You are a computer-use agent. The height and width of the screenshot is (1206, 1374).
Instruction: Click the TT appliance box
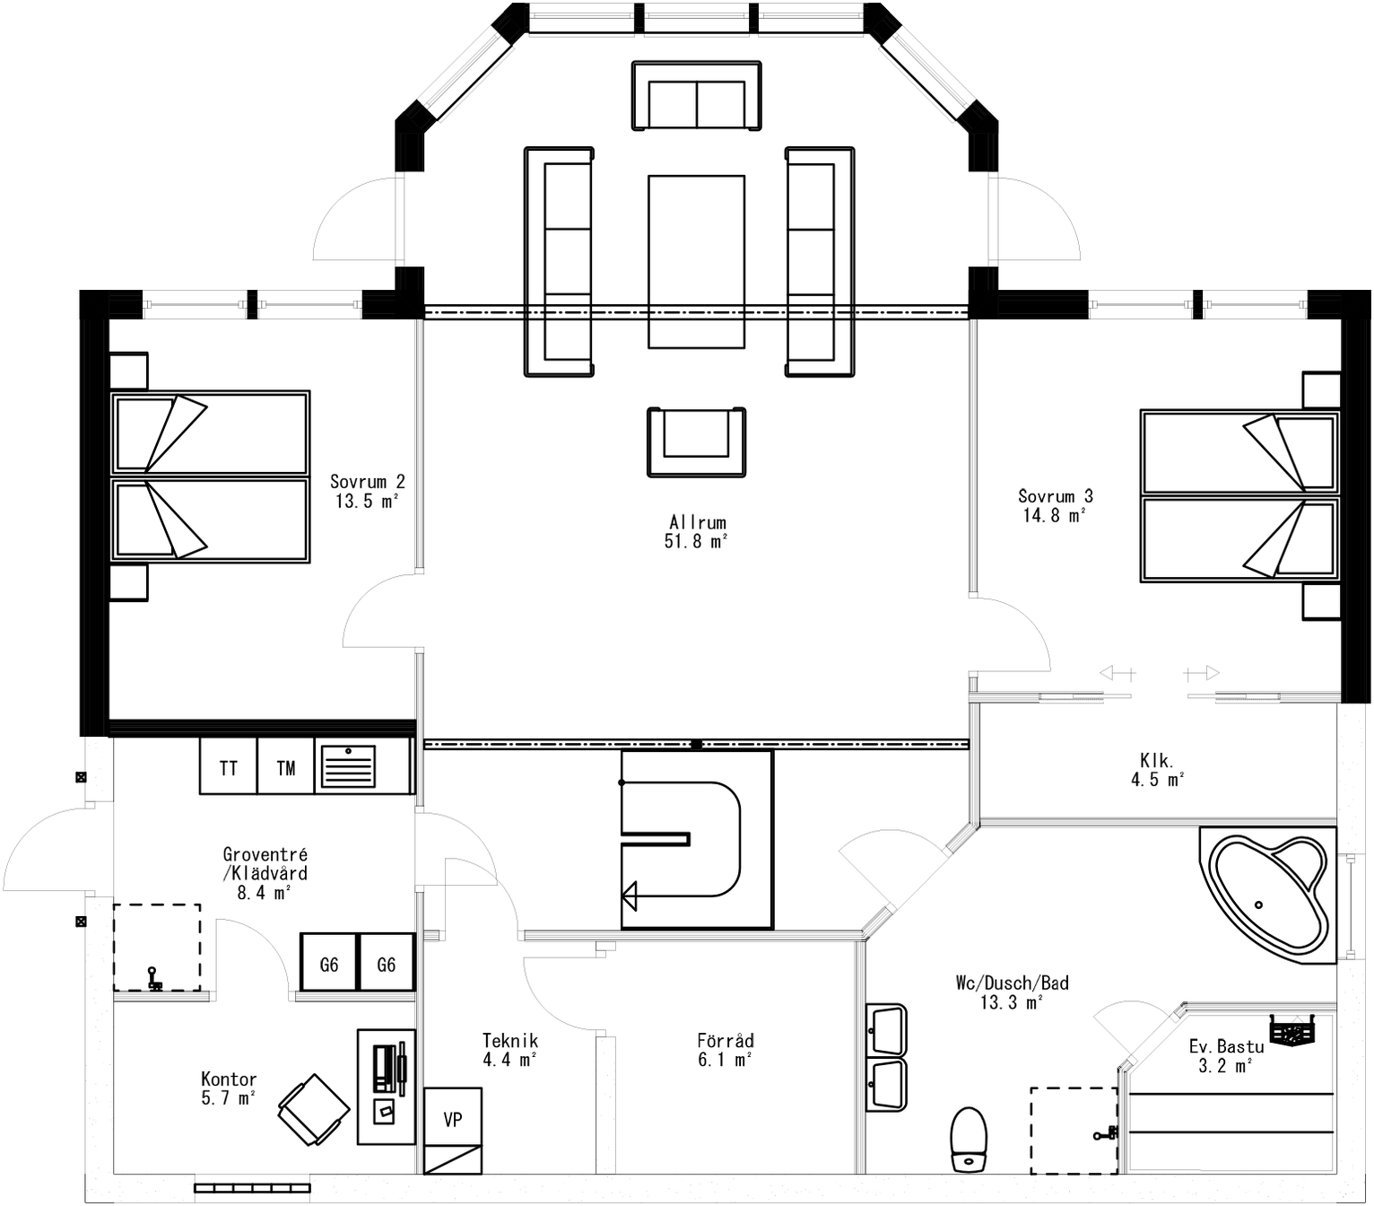(x=229, y=766)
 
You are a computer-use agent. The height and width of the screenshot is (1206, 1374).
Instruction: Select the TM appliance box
(x=286, y=766)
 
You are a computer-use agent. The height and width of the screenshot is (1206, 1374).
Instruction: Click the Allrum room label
(x=697, y=521)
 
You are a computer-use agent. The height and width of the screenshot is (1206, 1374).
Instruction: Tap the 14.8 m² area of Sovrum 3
(x=1055, y=515)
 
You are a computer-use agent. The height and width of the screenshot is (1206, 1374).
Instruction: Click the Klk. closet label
(x=1156, y=761)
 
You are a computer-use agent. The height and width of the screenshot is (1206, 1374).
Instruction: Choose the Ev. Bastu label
(x=1226, y=1046)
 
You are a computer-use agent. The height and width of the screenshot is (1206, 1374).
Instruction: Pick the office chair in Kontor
(x=314, y=1109)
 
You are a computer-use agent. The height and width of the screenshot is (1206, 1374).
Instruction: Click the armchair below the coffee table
(x=697, y=441)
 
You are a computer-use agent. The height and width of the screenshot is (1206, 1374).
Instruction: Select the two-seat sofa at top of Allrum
(x=697, y=95)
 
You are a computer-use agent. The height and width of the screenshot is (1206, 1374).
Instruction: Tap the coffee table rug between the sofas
(x=697, y=261)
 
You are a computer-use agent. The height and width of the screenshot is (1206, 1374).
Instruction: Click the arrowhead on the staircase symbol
(x=630, y=895)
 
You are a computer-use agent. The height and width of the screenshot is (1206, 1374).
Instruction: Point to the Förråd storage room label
(x=725, y=1041)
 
